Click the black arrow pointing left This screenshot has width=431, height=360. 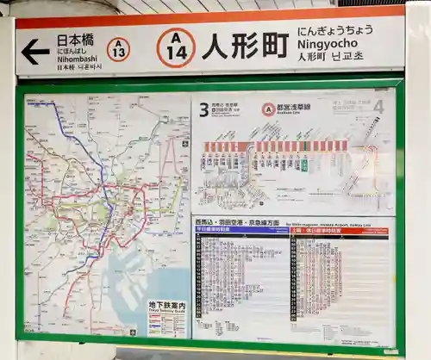[35, 52]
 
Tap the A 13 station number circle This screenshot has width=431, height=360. [119, 49]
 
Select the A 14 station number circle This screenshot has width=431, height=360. [176, 47]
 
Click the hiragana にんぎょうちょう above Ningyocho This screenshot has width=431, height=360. [335, 30]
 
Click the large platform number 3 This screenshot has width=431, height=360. [203, 109]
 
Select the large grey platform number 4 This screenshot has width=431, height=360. [378, 106]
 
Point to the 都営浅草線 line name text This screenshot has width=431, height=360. [294, 109]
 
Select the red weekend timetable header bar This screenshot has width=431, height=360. [339, 231]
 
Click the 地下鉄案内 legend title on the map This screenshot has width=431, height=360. [166, 305]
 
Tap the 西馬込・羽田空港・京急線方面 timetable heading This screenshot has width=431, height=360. [237, 222]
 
